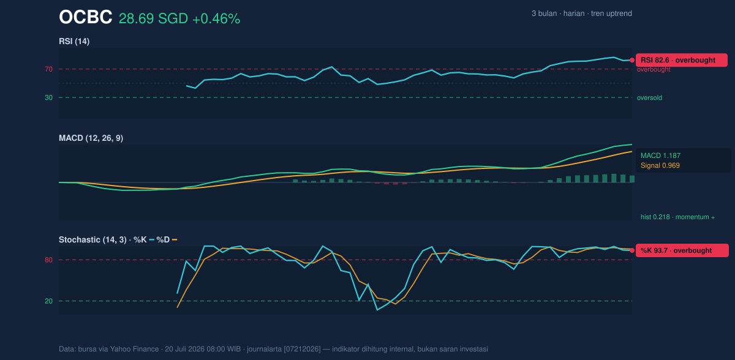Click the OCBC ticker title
click(x=85, y=17)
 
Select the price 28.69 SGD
click(x=153, y=19)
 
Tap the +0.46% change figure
click(x=216, y=19)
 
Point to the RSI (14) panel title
click(x=74, y=41)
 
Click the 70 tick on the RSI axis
click(x=48, y=69)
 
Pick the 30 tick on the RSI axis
click(x=48, y=98)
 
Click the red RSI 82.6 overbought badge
click(x=682, y=60)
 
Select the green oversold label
click(x=649, y=98)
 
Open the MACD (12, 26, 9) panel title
click(x=91, y=138)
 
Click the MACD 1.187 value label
click(x=660, y=156)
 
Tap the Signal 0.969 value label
click(x=660, y=165)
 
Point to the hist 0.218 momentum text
click(x=677, y=217)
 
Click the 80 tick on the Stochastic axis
click(x=48, y=260)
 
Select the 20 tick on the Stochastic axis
click(x=48, y=301)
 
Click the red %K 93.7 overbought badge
click(x=682, y=250)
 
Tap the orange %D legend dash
click(x=175, y=240)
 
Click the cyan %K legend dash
click(x=152, y=240)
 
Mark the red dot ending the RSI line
click(x=632, y=61)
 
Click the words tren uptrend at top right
click(x=611, y=13)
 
